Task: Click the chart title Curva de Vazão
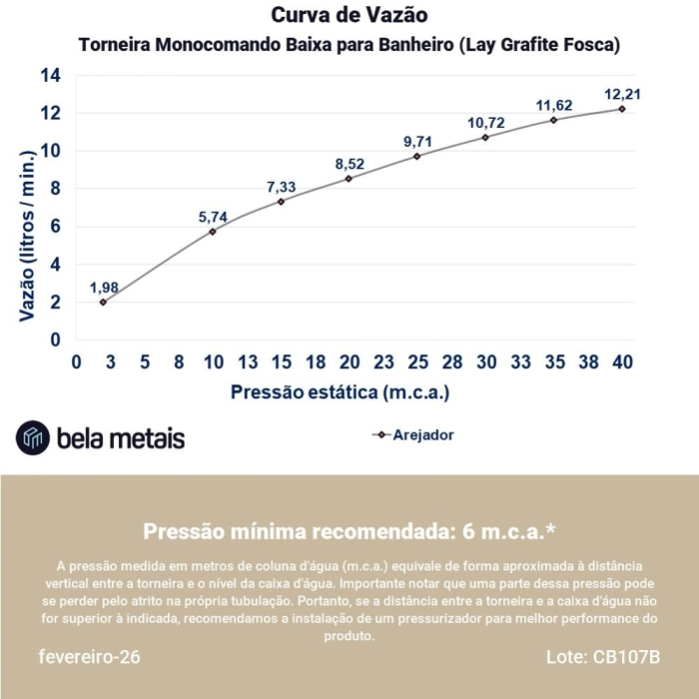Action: tap(349, 16)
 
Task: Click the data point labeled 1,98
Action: tap(103, 302)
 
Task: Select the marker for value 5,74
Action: tap(213, 232)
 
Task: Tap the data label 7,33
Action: tap(282, 187)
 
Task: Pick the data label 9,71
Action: tap(418, 142)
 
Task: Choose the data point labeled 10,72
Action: tap(485, 137)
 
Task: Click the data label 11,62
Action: tap(554, 105)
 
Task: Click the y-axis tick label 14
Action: tap(50, 76)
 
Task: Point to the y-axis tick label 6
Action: tap(56, 227)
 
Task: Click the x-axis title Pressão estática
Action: tap(340, 392)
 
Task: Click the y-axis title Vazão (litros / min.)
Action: tap(27, 233)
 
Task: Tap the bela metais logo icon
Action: tap(33, 437)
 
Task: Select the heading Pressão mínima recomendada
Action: tap(349, 530)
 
